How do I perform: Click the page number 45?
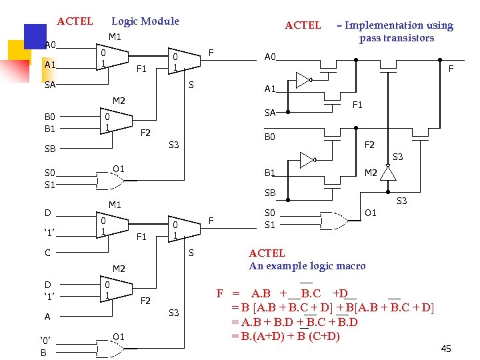446,349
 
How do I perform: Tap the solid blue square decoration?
35,37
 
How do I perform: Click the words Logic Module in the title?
145,21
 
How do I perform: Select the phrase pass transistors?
397,38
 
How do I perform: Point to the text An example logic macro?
307,266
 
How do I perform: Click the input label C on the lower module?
47,253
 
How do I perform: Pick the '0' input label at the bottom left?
45,340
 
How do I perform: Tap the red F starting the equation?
220,293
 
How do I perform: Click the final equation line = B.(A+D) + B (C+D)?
286,337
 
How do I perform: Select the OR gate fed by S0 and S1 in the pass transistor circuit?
334,221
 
